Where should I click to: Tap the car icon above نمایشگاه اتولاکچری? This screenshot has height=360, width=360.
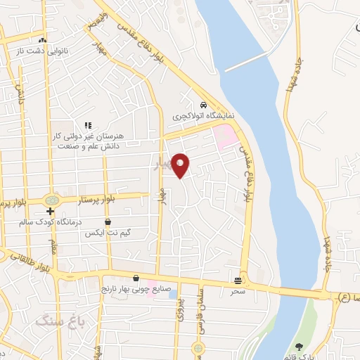coord(203,102)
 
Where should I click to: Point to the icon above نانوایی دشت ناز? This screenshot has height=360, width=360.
coord(44,39)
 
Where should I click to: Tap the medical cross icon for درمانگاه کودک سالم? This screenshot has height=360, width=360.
coord(51,210)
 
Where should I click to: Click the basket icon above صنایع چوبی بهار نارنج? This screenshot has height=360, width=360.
coord(136,277)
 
